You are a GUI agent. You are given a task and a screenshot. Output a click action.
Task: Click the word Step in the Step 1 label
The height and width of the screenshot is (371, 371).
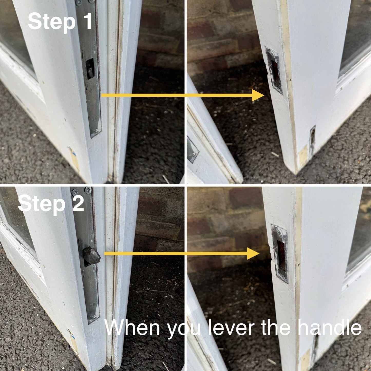click(52, 22)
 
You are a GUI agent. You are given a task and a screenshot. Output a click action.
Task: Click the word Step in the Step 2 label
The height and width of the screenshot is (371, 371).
click(42, 205)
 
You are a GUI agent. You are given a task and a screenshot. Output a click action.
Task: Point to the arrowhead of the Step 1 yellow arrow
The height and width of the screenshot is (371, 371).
click(258, 95)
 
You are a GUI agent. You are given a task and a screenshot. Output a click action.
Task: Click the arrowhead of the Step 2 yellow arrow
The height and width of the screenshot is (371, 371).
click(253, 253)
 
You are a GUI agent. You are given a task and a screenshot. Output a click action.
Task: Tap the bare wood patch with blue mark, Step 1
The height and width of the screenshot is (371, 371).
click(74, 158)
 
